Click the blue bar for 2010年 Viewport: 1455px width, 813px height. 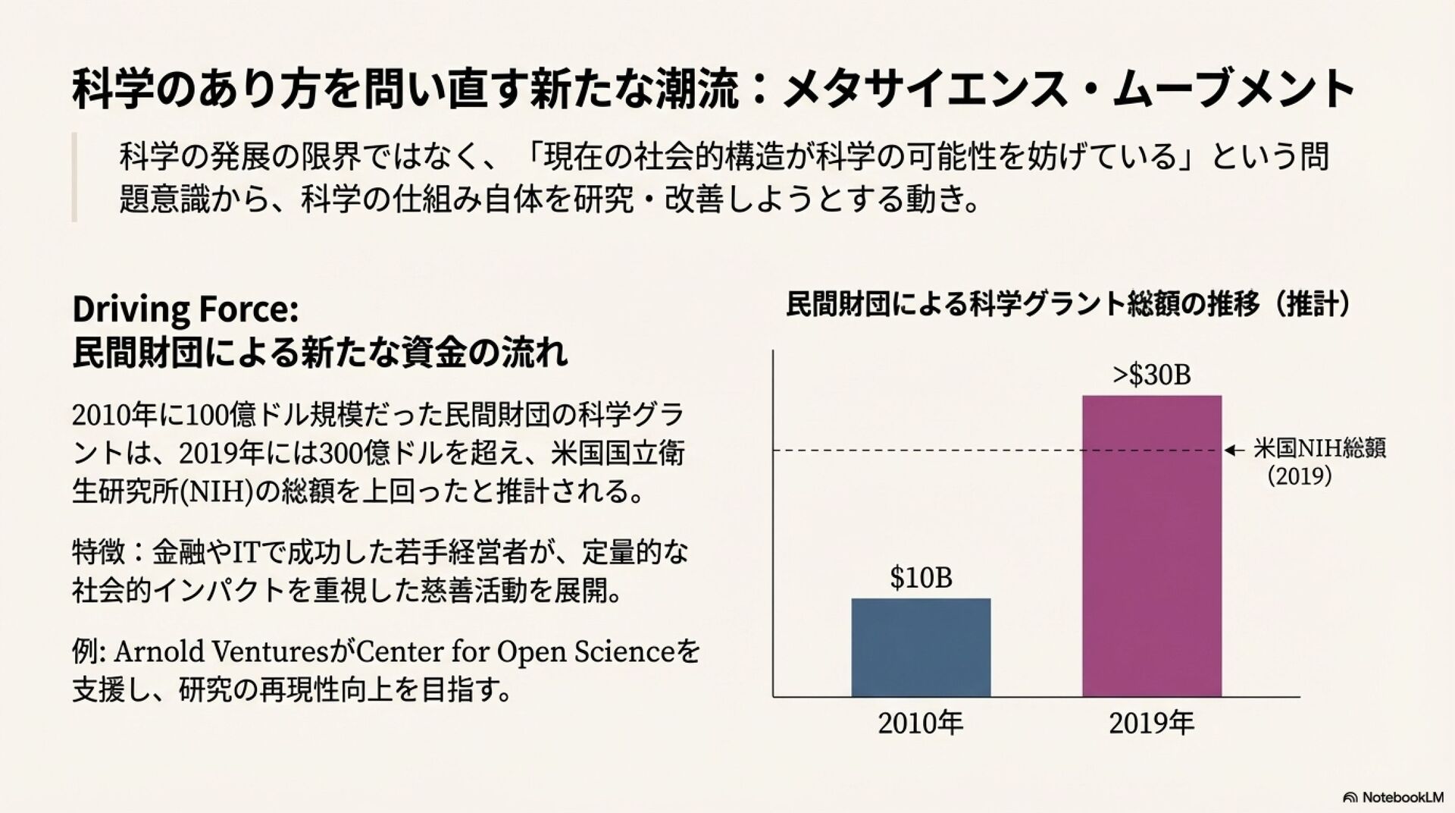pyautogui.click(x=921, y=647)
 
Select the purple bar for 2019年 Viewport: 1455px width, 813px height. pyautogui.click(x=1151, y=545)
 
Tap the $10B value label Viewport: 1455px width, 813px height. pyautogui.click(x=921, y=578)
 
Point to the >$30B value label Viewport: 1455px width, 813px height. pyautogui.click(x=1151, y=375)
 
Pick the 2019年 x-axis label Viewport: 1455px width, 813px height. pyautogui.click(x=1151, y=723)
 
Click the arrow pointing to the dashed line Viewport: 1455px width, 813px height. pyautogui.click(x=1234, y=450)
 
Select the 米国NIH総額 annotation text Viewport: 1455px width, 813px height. pyautogui.click(x=1319, y=448)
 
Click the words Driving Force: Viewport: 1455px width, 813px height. pyautogui.click(x=186, y=309)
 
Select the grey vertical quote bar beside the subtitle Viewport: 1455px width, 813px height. pyautogui.click(x=74, y=177)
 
